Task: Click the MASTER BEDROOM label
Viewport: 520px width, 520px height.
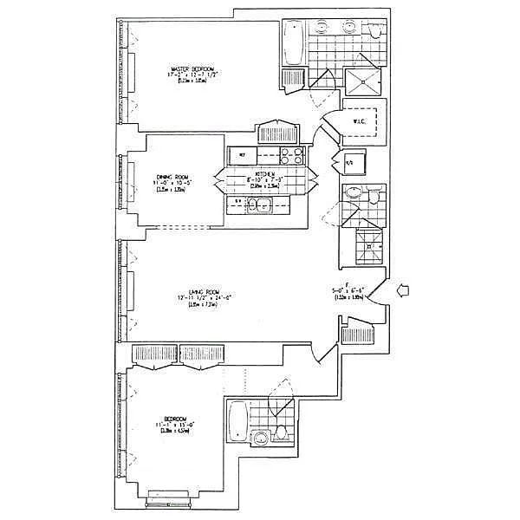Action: [192, 68]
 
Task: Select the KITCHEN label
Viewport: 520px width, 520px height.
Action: [265, 173]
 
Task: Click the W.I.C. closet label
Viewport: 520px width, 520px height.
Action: [361, 122]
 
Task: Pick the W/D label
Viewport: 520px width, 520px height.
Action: [350, 162]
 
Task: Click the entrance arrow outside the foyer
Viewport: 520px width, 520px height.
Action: [403, 292]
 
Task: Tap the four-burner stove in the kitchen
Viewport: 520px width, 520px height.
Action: [292, 157]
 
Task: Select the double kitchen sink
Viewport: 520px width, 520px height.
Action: [259, 206]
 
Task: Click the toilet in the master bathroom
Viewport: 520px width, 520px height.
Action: [375, 33]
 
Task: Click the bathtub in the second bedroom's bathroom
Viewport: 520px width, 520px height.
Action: [237, 424]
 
